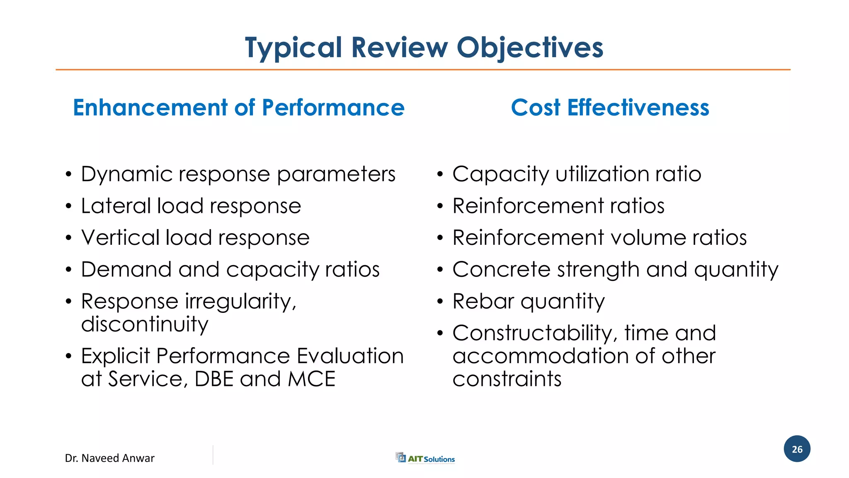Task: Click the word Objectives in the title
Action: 529,47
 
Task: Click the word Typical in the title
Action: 293,47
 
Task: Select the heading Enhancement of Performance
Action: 239,107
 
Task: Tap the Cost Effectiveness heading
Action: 610,107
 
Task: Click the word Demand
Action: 126,270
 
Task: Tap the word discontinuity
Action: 144,324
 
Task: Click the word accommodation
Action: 540,356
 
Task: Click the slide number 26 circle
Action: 797,449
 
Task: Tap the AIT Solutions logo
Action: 425,458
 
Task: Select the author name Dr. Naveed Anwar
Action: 109,458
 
